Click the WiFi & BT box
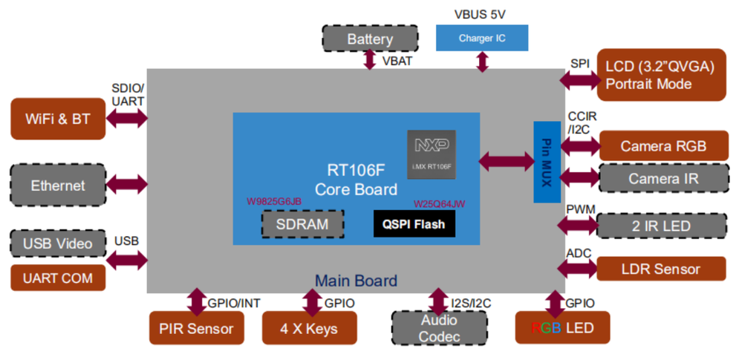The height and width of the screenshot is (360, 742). (x=58, y=119)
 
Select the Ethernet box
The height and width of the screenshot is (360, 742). (x=58, y=186)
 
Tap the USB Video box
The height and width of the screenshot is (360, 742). (x=58, y=243)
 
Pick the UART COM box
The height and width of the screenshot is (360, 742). (x=58, y=278)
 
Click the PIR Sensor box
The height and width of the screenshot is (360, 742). (x=196, y=328)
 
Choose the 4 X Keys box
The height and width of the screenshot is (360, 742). (x=310, y=328)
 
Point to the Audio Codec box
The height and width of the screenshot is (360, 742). (x=439, y=328)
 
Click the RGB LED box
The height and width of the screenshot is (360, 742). (x=562, y=328)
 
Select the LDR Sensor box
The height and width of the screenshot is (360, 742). (x=661, y=269)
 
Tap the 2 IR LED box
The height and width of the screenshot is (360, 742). (x=661, y=226)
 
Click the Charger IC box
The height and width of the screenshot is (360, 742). (x=481, y=38)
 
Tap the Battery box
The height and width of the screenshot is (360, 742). (x=369, y=39)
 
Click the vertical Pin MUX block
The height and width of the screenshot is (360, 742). (x=547, y=161)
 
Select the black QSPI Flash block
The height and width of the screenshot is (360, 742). (x=414, y=223)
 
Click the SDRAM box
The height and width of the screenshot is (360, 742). (x=303, y=223)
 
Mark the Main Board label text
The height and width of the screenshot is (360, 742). (x=356, y=281)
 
